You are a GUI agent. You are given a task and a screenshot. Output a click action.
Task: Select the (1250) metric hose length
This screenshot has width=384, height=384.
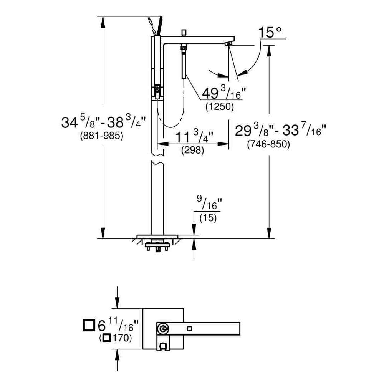pyautogui.click(x=219, y=107)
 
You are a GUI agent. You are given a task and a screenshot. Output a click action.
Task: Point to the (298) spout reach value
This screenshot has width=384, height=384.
pyautogui.click(x=192, y=151)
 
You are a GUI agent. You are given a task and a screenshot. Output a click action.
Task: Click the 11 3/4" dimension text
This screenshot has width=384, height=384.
pyautogui.click(x=194, y=137)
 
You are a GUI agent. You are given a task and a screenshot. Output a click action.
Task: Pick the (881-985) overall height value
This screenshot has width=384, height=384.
pyautogui.click(x=101, y=136)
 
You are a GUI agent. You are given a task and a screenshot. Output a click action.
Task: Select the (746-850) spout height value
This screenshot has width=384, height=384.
pyautogui.click(x=268, y=145)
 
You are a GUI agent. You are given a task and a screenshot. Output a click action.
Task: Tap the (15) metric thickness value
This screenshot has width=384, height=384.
pyautogui.click(x=208, y=218)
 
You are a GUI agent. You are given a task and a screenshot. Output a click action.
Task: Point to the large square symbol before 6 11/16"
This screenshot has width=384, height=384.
pyautogui.click(x=89, y=325)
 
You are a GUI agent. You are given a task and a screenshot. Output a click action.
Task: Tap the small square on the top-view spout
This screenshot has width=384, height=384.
pyautogui.click(x=189, y=328)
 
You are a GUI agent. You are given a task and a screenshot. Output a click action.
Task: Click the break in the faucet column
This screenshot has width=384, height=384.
pyautogui.click(x=157, y=159)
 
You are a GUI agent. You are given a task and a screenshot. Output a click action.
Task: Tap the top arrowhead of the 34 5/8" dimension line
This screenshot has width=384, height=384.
pyautogui.click(x=103, y=22)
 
